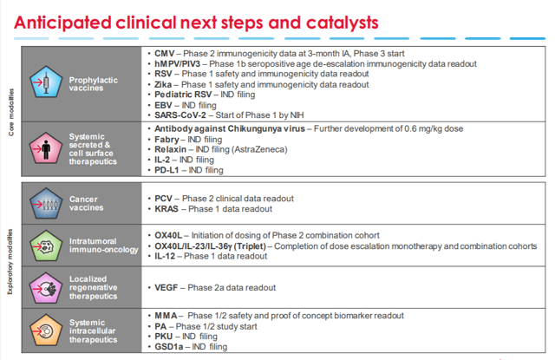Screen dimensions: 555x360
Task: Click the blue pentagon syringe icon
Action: click(46, 82)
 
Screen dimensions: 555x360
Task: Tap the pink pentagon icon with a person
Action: click(46, 148)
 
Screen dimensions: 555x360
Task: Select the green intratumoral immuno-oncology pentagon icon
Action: click(46, 245)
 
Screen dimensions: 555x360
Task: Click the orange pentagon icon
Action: click(46, 331)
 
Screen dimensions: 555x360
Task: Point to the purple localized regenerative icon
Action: click(46, 288)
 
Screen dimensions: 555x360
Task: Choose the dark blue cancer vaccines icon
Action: click(46, 203)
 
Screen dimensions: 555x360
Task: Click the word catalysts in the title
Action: click(342, 23)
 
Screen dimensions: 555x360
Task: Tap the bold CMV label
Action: click(165, 54)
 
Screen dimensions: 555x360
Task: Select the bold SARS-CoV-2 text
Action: click(180, 115)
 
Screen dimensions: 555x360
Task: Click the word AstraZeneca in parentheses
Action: click(259, 149)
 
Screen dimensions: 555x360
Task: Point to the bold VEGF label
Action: click(166, 287)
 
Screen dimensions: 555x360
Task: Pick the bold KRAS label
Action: click(166, 209)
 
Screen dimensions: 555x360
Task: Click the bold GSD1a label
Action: click(169, 346)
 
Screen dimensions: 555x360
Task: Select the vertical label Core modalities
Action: click(11, 112)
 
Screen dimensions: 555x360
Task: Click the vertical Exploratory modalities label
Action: click(10, 262)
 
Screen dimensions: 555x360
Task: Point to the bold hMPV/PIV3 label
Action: click(177, 64)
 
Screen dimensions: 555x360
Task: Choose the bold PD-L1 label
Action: click(166, 170)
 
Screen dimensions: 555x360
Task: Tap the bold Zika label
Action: click(163, 85)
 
